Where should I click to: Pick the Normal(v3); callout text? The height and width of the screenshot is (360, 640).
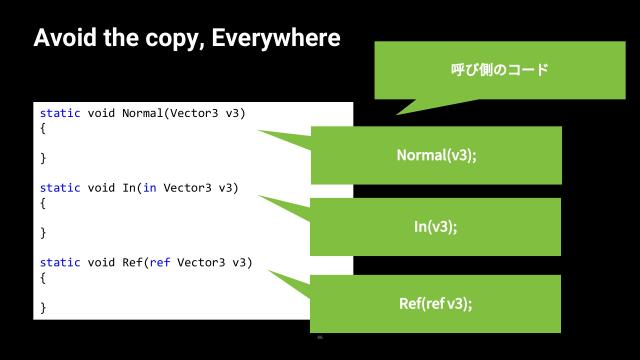(436, 155)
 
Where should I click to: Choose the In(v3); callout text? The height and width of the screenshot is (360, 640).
(435, 227)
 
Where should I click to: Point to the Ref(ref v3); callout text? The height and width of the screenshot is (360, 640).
(435, 303)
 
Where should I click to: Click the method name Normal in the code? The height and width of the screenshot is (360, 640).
(142, 113)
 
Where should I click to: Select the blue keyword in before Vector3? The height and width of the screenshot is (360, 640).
(150, 188)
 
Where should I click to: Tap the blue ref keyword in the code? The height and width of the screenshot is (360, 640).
(160, 263)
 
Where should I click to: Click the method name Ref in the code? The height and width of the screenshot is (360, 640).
(132, 263)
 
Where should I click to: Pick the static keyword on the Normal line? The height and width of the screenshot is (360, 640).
(60, 113)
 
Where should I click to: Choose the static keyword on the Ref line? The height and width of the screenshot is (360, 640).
(60, 263)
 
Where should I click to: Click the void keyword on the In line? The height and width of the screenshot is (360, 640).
(102, 188)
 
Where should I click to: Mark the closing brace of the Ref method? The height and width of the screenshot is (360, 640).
(43, 308)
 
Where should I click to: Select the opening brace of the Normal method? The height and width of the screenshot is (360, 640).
(43, 128)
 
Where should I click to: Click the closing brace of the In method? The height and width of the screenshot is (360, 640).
(43, 233)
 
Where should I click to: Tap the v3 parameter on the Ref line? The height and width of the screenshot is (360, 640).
(242, 263)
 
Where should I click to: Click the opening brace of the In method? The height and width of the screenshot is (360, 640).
(43, 203)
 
